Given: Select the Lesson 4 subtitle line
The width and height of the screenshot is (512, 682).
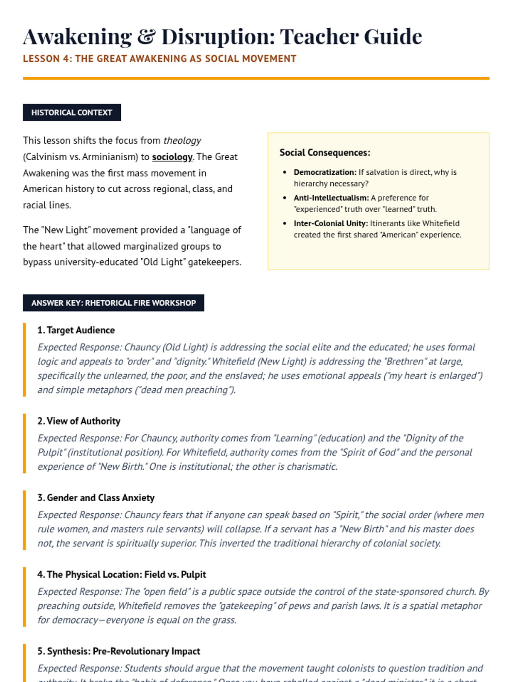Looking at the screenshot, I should (160, 59).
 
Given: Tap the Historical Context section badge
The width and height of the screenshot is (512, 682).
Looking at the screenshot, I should (72, 113).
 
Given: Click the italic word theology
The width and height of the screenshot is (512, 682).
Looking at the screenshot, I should (182, 141).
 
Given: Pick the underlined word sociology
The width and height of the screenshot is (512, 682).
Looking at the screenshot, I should (172, 157).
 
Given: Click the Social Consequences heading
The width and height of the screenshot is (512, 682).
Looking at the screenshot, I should (325, 153).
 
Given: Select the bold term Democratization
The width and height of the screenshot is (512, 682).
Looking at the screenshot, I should (325, 172).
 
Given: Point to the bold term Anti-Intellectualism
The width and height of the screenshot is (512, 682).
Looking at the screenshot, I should (331, 198).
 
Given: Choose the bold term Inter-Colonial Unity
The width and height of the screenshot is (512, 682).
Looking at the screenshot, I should (331, 223).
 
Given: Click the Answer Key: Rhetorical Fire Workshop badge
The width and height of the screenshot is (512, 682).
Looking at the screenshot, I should (113, 303).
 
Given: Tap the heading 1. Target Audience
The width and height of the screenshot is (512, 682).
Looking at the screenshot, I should (76, 330).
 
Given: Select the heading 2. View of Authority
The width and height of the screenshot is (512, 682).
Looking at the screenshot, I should (79, 421).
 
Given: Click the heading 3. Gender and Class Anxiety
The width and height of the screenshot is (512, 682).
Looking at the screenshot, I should (96, 498).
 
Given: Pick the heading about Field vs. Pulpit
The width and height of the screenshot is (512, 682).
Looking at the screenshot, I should (122, 575).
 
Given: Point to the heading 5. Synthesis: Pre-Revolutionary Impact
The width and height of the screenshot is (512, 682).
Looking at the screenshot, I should (119, 651).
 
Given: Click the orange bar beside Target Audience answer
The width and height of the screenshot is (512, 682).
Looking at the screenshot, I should (24, 360).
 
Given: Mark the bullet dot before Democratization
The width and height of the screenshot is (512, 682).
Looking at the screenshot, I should (285, 172).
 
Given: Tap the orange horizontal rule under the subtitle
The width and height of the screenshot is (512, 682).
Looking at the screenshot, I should (256, 78).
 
